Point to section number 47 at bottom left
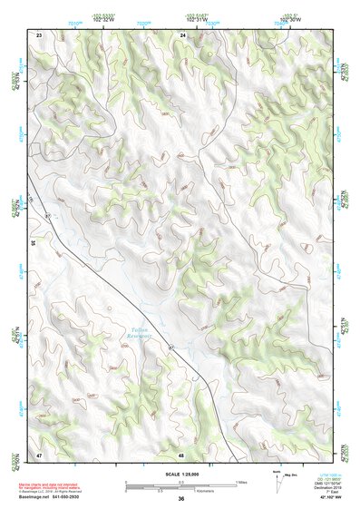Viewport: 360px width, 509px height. [39, 454]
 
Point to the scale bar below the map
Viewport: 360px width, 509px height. [180, 484]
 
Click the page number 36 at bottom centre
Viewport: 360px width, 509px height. [181, 499]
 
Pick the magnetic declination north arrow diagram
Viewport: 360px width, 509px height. [277, 481]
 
